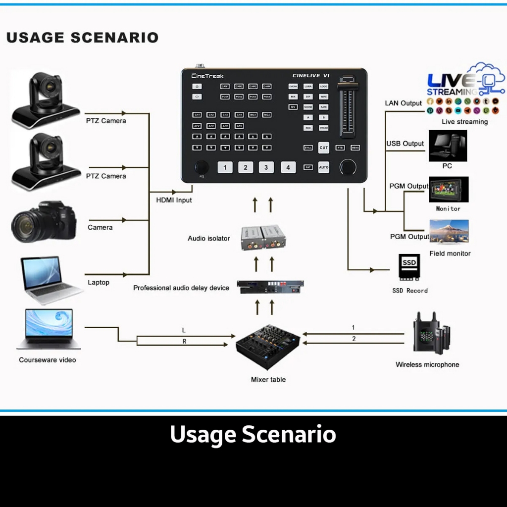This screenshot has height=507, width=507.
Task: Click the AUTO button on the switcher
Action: (323, 167)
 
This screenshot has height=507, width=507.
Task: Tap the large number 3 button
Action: (266, 167)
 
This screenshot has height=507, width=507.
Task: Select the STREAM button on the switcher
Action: (323, 128)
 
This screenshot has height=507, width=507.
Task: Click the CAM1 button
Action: (225, 86)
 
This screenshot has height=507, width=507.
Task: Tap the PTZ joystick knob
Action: (201, 166)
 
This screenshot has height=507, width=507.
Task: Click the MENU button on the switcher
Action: (355, 148)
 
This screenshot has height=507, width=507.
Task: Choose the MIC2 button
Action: (267, 115)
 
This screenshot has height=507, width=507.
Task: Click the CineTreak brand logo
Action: (207, 76)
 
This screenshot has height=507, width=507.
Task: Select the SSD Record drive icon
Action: (409, 268)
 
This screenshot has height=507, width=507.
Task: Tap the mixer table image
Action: (268, 347)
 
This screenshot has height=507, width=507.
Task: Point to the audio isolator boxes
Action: (263, 238)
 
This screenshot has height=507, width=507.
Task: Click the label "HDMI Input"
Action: (174, 200)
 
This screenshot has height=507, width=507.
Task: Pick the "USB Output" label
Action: (405, 144)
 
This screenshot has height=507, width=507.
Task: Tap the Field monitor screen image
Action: (449, 232)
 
